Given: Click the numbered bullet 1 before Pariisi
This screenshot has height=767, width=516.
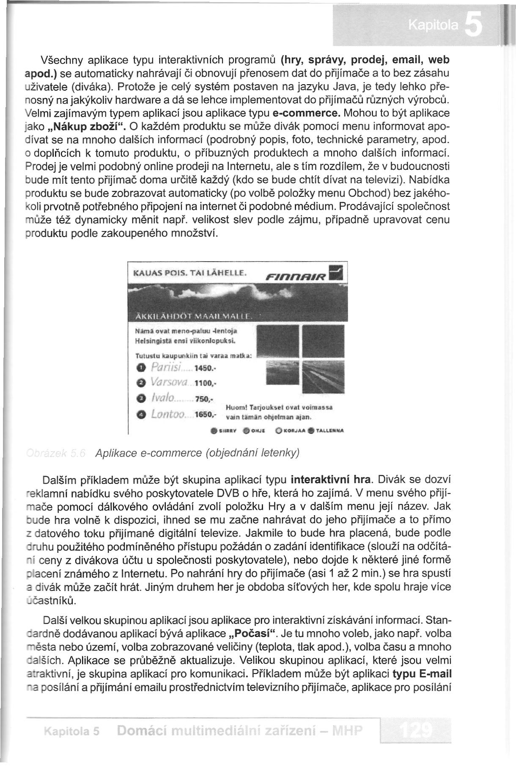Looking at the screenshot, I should [142, 367].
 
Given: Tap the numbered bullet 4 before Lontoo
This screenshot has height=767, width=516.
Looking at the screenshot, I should [142, 415].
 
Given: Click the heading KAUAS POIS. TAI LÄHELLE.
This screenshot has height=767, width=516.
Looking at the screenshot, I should [189, 274].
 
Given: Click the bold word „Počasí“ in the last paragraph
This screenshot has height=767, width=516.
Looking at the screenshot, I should [253, 634].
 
